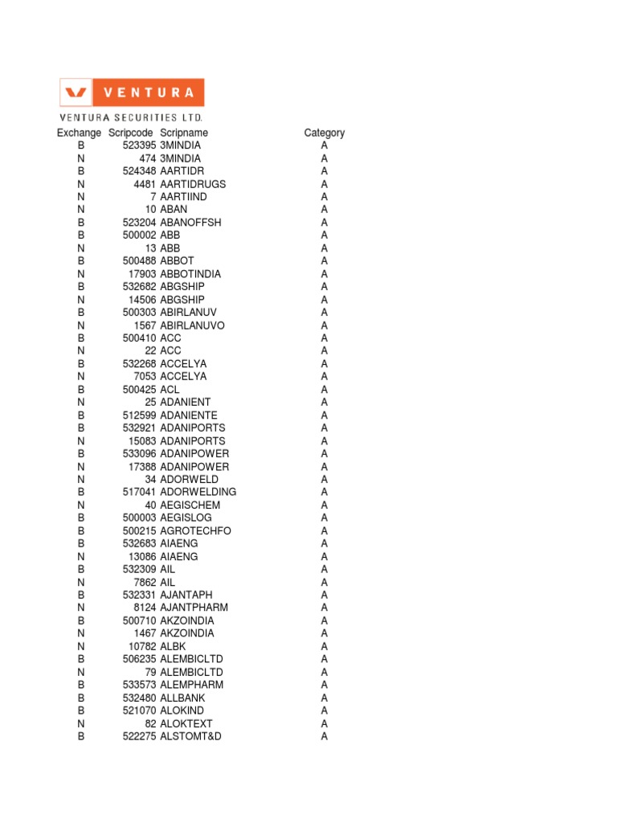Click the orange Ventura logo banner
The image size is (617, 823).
pos(132,92)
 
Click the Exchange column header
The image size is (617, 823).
pos(79,133)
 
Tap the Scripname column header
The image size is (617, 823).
pos(184,133)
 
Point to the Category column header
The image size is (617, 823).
pos(325,133)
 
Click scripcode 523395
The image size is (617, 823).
pos(140,145)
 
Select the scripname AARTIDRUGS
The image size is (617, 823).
pos(193,184)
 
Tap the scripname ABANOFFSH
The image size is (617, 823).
pos(190,223)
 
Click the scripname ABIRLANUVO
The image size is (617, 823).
pos(192,326)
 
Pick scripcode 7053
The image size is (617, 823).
pos(145,376)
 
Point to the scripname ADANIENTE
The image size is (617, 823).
pos(189,415)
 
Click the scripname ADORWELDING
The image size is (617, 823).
pos(198,492)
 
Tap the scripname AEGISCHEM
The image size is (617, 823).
pos(190,505)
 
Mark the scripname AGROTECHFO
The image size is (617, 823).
pos(195,530)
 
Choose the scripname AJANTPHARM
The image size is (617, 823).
pos(194,608)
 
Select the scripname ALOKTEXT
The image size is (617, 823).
pos(186,723)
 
